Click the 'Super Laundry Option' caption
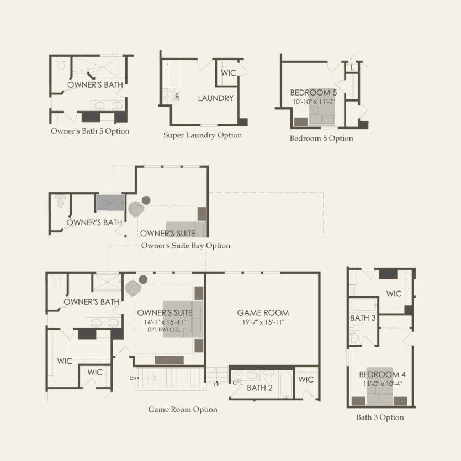pos(203,135)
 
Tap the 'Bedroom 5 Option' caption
pos(321,138)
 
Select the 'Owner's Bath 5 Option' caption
pos(90,131)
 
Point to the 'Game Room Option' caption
pos(183,409)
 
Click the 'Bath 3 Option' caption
pos(380,417)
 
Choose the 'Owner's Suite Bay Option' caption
pos(186,246)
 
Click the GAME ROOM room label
pos(263,312)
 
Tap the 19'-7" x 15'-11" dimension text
pos(263,322)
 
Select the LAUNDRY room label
pos(215,98)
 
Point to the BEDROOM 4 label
pos(382,374)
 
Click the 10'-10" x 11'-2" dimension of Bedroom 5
pos(314,102)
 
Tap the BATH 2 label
pos(259,388)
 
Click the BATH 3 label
pos(363,318)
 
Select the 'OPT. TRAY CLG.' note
pos(164,330)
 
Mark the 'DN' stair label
pos(133,378)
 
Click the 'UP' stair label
pos(216,385)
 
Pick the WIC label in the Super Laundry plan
pos(229,73)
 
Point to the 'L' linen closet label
pos(352,68)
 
